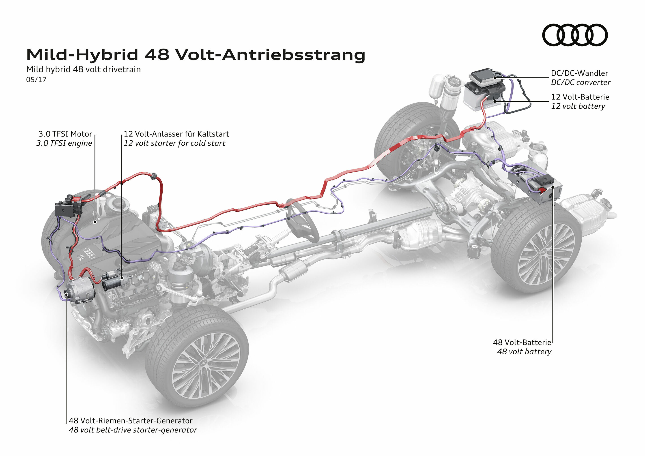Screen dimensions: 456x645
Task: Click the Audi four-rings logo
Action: (574, 35)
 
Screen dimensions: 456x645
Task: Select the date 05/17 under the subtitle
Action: (36, 80)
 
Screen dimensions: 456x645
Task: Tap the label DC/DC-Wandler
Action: (579, 73)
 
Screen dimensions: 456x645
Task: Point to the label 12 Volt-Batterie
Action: (580, 97)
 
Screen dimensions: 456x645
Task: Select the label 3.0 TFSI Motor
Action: (65, 134)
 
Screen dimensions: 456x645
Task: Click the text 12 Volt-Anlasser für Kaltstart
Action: (176, 134)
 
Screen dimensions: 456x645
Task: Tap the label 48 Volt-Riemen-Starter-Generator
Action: (131, 421)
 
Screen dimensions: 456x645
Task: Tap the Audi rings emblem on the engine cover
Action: (90, 253)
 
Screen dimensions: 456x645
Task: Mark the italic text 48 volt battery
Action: (524, 351)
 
